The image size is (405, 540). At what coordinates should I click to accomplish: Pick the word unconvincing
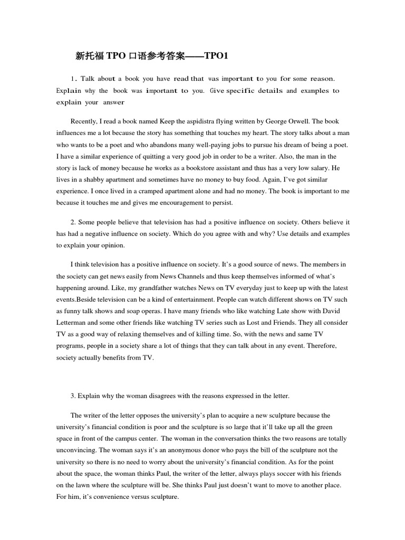pyautogui.click(x=77, y=450)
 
